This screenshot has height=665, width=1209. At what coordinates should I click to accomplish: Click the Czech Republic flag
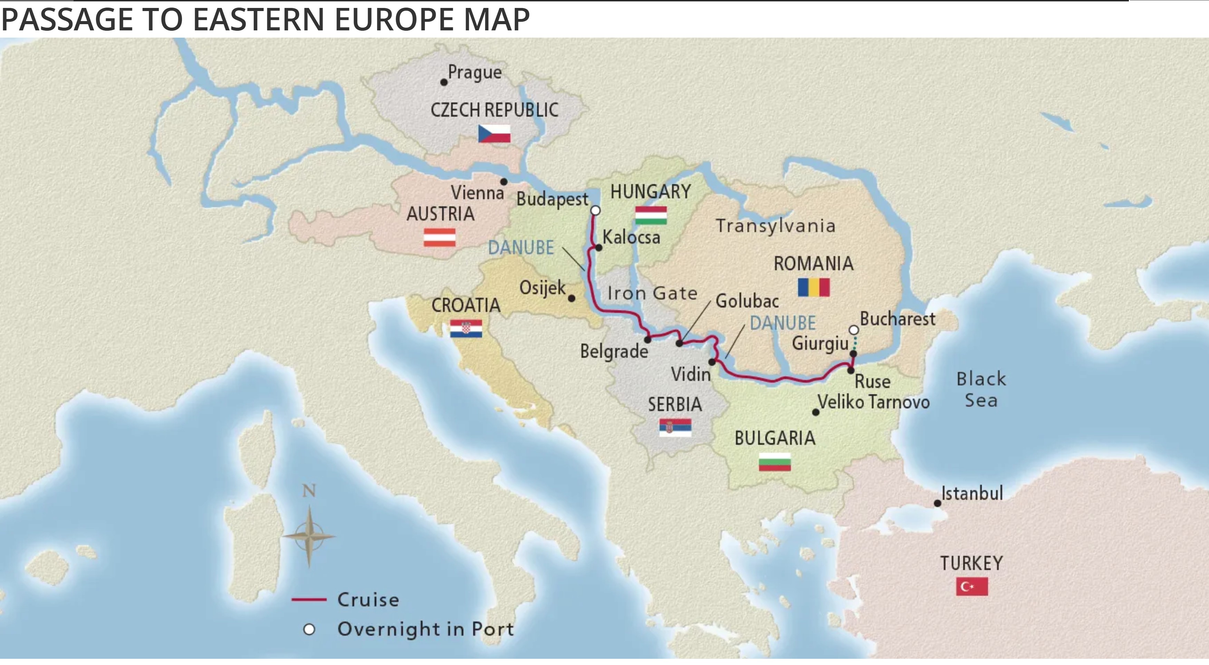pyautogui.click(x=494, y=134)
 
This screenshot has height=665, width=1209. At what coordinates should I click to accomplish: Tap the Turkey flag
pyautogui.click(x=971, y=587)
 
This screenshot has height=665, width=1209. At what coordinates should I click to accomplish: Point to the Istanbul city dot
pyautogui.click(x=937, y=503)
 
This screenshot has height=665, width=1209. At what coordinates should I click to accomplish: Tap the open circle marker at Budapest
pyautogui.click(x=595, y=210)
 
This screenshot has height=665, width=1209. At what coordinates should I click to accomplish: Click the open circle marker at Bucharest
pyautogui.click(x=854, y=330)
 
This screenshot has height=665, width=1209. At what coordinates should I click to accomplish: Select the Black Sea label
pyautogui.click(x=981, y=389)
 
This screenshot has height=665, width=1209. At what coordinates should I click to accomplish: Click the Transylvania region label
pyautogui.click(x=775, y=226)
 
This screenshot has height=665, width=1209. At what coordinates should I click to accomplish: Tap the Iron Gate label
pyautogui.click(x=652, y=293)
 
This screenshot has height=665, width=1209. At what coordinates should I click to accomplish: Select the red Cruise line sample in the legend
pyautogui.click(x=308, y=599)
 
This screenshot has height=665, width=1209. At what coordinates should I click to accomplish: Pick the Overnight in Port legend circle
pyautogui.click(x=309, y=629)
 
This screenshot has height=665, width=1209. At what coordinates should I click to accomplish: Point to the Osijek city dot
pyautogui.click(x=572, y=298)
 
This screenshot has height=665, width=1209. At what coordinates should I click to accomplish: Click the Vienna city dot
pyautogui.click(x=503, y=182)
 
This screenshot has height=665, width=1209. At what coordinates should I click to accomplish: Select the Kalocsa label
pyautogui.click(x=631, y=237)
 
